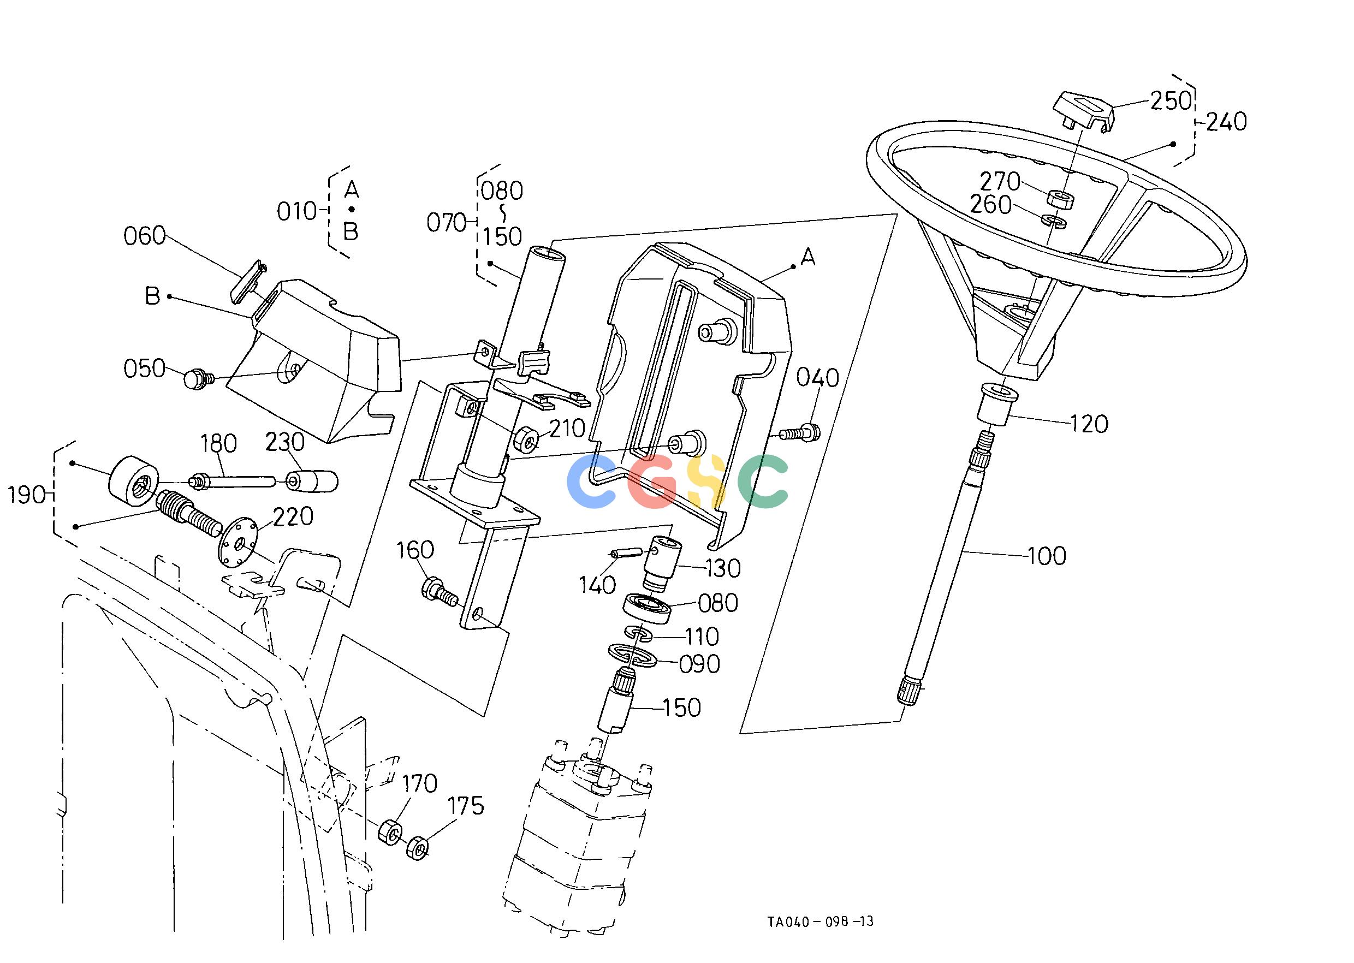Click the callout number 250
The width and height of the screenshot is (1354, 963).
coord(1171,101)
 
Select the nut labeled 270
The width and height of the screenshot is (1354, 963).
coord(1061,199)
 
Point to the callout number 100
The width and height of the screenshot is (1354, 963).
coord(1046,556)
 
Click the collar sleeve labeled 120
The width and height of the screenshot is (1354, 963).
coord(997,405)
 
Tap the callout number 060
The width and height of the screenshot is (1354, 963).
coord(145,236)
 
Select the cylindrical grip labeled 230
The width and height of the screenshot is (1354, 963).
coord(312,480)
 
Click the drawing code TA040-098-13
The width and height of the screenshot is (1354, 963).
coord(820,921)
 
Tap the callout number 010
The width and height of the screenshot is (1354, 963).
coord(297,211)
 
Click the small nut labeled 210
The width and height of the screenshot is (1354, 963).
coord(526,439)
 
